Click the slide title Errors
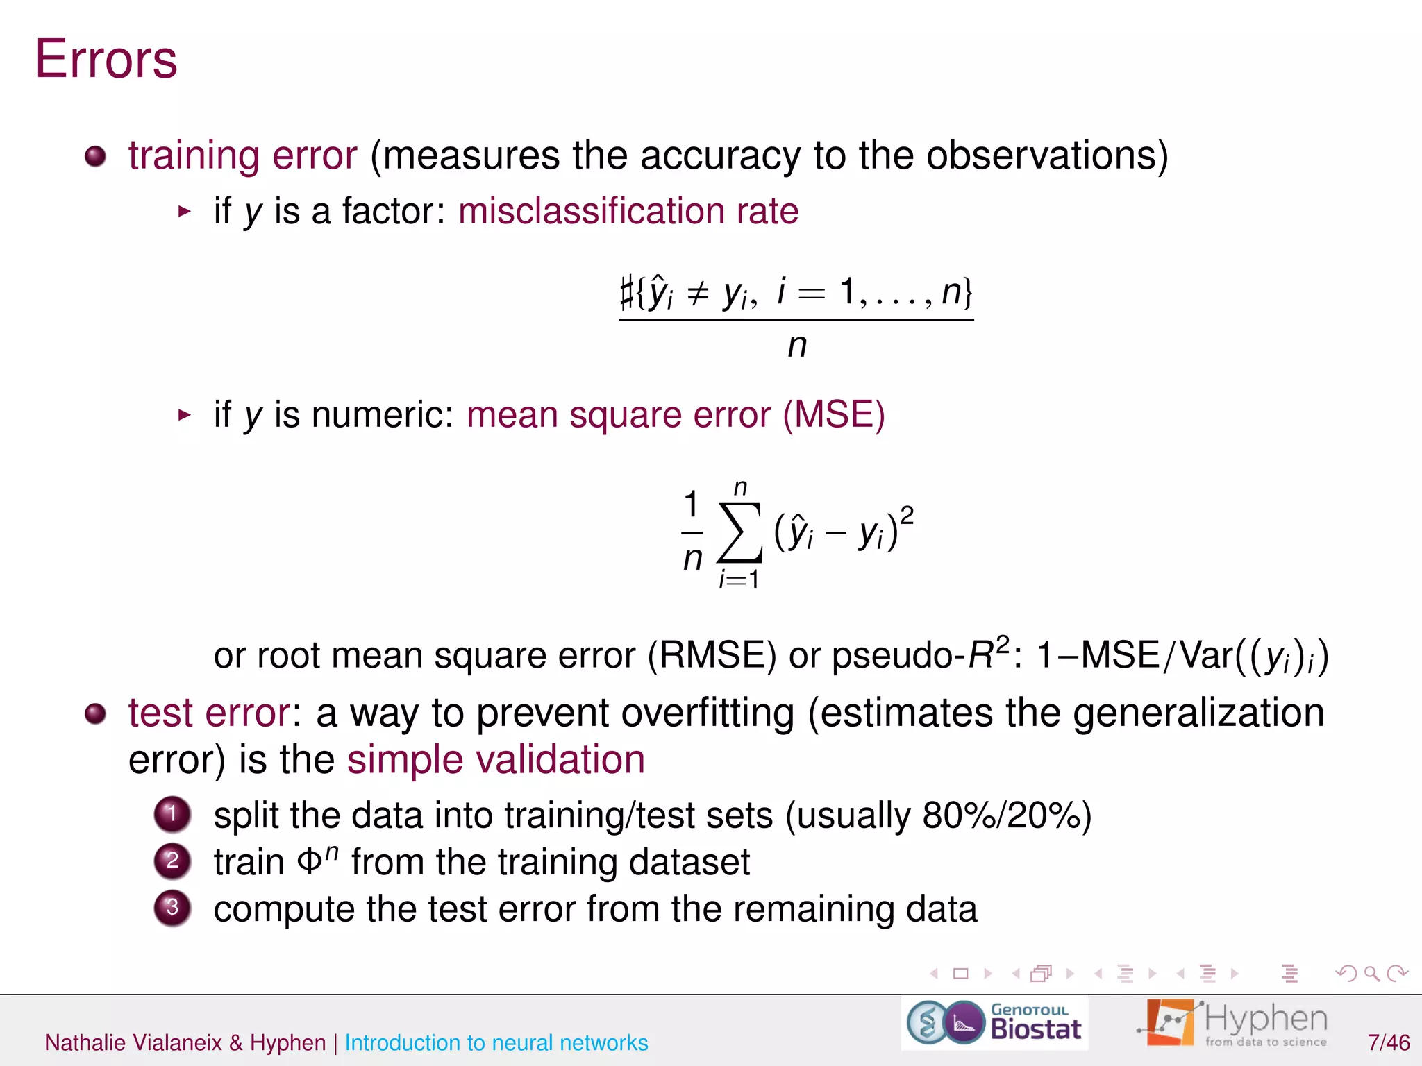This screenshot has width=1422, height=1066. coord(106,60)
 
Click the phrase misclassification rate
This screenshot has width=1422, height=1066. coord(628,211)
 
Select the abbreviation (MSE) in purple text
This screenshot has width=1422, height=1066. coord(833,415)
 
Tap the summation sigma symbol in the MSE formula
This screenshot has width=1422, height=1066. coord(740,532)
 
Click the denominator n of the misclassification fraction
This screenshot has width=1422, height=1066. coord(797,346)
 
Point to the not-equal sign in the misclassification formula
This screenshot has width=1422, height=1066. coord(698,294)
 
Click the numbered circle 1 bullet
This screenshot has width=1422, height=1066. coord(172,814)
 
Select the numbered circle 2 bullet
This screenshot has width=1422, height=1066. coord(172,861)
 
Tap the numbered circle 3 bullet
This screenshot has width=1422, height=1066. coord(172,908)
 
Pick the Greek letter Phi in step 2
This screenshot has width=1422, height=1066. coord(310,863)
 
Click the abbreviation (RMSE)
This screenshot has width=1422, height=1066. coord(712,655)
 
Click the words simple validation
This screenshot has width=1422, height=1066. coord(496,760)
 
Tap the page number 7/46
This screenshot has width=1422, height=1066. coord(1388,1042)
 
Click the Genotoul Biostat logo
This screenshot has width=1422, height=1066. coord(994,1022)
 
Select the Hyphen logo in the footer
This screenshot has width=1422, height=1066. coord(1232,1022)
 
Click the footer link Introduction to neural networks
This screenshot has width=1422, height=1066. coord(496,1042)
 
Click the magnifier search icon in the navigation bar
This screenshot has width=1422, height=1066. coord(1371,974)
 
